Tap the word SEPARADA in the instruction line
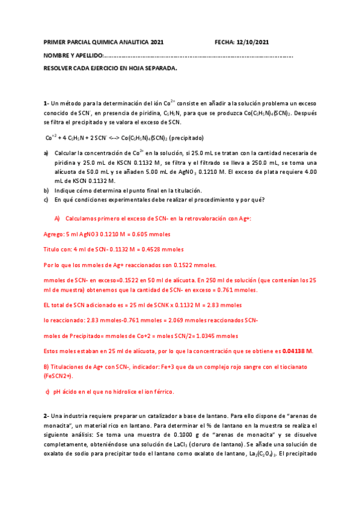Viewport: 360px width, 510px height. point(159,69)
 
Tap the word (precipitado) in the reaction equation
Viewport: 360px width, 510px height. point(187,137)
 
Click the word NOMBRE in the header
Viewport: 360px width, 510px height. point(56,56)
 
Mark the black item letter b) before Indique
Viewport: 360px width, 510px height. point(46,191)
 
